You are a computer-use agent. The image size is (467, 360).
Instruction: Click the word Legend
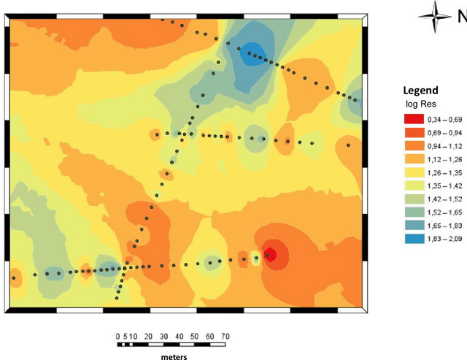coord(420,91)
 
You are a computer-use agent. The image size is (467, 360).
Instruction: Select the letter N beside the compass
coord(461,15)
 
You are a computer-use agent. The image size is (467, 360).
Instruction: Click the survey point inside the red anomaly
coord(269,255)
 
